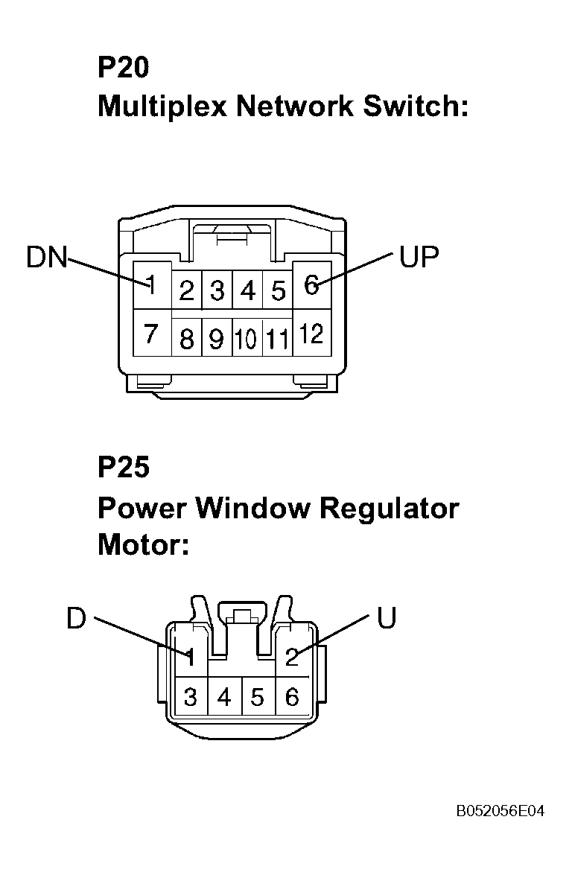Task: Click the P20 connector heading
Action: click(x=124, y=67)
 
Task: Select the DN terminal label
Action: click(x=47, y=258)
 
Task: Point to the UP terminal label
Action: click(x=419, y=256)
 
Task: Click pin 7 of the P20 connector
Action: click(x=150, y=334)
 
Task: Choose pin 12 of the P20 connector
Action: click(x=311, y=334)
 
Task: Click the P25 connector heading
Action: click(x=124, y=467)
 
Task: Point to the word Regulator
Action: click(x=390, y=509)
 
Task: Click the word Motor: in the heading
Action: click(x=144, y=544)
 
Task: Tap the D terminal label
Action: click(x=77, y=618)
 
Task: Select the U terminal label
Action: click(x=387, y=618)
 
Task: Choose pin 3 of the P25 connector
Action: click(x=191, y=697)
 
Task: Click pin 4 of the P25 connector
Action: click(x=224, y=697)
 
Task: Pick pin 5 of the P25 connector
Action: click(x=257, y=697)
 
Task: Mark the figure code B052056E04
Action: click(x=500, y=811)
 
